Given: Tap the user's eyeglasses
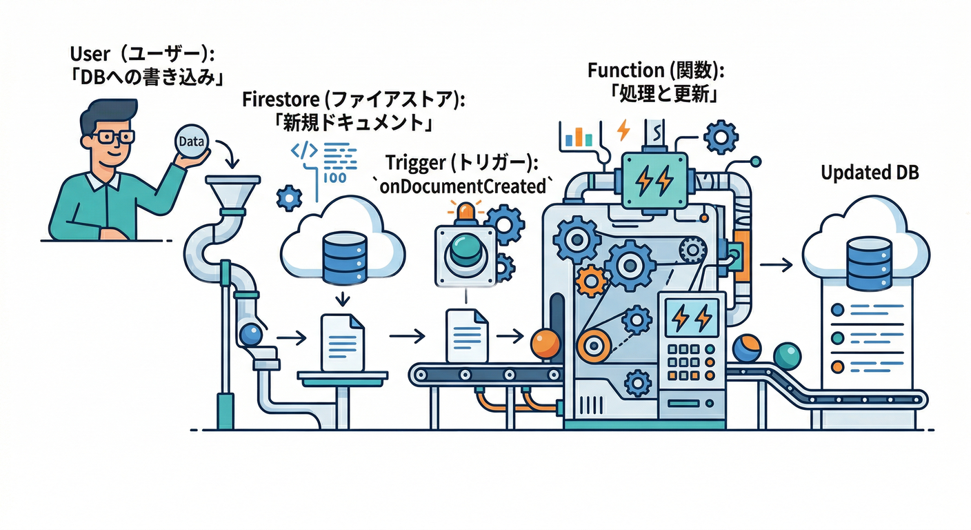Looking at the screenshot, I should click(113, 137).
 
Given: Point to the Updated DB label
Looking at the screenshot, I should click(870, 173).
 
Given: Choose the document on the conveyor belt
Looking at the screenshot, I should click(467, 335).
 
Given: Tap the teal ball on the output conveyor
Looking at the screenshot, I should click(787, 355).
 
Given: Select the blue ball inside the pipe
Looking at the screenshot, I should click(250, 335).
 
